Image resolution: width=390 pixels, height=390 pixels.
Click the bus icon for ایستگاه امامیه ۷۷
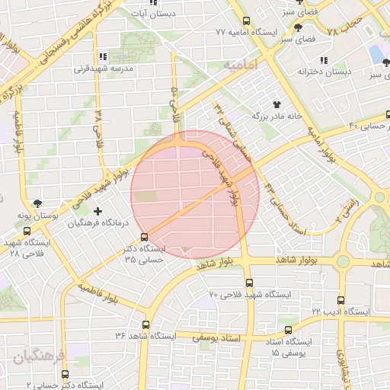[245, 22]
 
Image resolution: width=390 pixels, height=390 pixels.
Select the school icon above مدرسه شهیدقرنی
[103, 56]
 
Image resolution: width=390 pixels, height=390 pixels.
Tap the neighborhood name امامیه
[242, 66]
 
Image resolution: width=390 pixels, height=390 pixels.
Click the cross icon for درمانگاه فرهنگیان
[97, 211]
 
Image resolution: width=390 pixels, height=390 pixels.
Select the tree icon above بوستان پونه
[38, 203]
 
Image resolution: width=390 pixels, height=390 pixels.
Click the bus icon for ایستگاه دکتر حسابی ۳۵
[145, 237]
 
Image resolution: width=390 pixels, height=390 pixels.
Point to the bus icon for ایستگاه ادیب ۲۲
[340, 300]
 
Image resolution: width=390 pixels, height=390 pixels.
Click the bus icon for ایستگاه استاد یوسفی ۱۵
[287, 330]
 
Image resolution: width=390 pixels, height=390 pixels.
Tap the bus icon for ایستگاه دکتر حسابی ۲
[64, 374]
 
